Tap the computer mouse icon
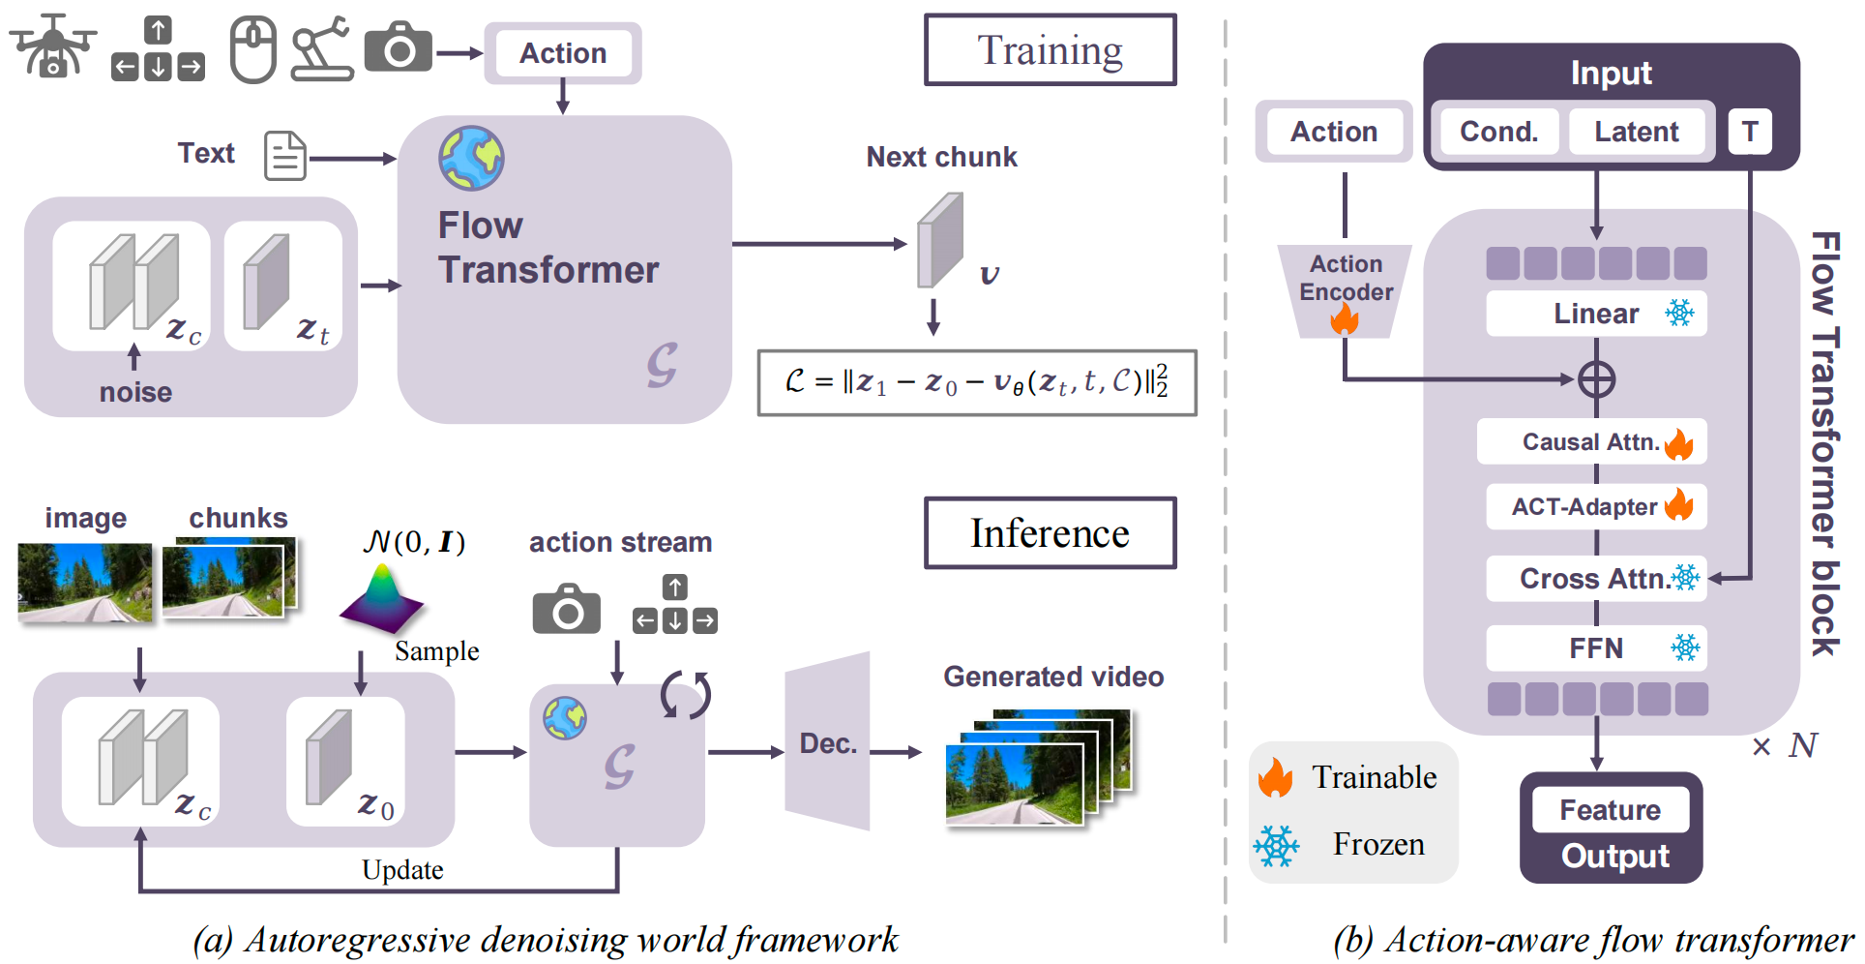click(253, 50)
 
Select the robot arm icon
click(322, 48)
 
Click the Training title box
click(1050, 50)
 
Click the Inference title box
click(1050, 533)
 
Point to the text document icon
click(285, 156)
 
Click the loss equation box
click(977, 382)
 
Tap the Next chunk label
click(941, 157)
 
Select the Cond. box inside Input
click(1498, 132)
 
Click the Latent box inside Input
click(1636, 132)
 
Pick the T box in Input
click(1749, 132)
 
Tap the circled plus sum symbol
click(1596, 379)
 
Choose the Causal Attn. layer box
click(1591, 442)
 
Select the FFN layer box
click(1596, 648)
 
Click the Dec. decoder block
click(828, 742)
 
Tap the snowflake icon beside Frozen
click(1277, 846)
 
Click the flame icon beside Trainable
click(1276, 778)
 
